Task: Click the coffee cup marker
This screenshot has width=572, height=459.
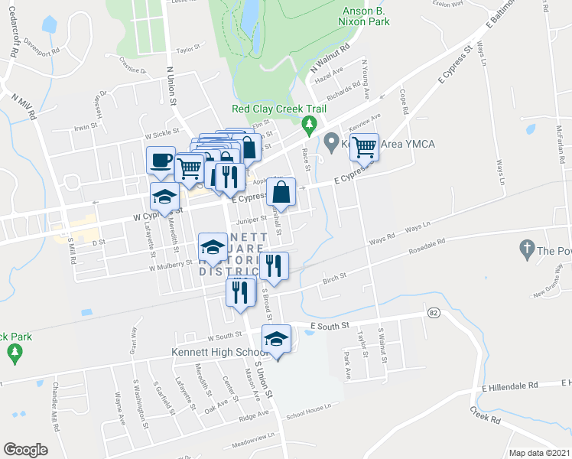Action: point(161,161)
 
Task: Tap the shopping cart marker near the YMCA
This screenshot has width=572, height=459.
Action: point(365,146)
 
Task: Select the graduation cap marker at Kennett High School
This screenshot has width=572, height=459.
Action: point(277,339)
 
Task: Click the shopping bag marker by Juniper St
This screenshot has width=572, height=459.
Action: point(281,192)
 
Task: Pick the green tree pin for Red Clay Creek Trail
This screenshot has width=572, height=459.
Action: point(309,123)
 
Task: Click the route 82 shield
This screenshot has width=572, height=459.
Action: point(434,312)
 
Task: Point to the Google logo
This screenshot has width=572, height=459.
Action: point(25,450)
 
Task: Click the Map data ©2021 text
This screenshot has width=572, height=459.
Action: point(539,453)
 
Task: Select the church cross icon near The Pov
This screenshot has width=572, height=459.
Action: point(525,248)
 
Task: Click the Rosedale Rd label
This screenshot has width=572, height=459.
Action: point(427,246)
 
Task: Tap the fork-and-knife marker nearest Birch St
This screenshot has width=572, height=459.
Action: point(273,265)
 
